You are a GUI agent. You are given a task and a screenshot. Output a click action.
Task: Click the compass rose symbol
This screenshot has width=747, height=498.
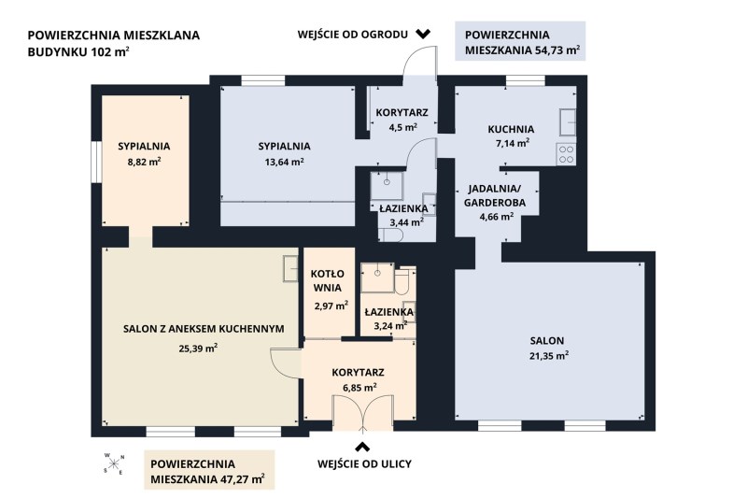114,462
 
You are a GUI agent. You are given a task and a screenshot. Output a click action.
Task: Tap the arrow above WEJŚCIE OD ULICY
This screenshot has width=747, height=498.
363,447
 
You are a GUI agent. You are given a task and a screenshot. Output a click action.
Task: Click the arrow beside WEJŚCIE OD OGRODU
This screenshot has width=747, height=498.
423,34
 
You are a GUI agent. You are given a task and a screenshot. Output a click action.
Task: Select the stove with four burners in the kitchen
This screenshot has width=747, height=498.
566,154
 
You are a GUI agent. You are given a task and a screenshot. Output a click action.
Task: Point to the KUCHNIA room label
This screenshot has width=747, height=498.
511,129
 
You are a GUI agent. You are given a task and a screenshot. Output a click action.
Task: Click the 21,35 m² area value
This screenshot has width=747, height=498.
549,355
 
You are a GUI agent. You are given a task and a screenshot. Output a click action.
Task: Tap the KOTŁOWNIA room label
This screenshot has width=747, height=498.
327,280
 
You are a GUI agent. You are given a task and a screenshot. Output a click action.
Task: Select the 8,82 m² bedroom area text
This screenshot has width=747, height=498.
144,162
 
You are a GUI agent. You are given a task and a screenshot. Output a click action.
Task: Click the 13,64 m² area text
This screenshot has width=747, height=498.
285,162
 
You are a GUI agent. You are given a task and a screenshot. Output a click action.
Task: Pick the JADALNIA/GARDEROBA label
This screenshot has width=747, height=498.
495,196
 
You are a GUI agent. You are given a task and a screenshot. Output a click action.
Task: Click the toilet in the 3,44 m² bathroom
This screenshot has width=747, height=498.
390,235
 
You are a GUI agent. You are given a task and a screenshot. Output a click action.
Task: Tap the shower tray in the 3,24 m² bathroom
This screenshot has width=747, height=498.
377,277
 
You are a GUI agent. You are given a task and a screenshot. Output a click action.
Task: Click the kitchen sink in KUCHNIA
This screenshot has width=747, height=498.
568,122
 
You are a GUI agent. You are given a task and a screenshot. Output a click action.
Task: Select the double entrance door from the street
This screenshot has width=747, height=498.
363,413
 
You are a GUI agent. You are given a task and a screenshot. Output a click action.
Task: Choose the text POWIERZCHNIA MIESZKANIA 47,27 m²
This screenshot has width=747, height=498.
207,471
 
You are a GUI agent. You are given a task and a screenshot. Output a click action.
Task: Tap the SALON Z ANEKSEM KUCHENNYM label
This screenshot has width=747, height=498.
204,329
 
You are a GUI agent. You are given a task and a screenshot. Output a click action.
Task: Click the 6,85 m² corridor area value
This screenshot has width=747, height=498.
360,388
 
